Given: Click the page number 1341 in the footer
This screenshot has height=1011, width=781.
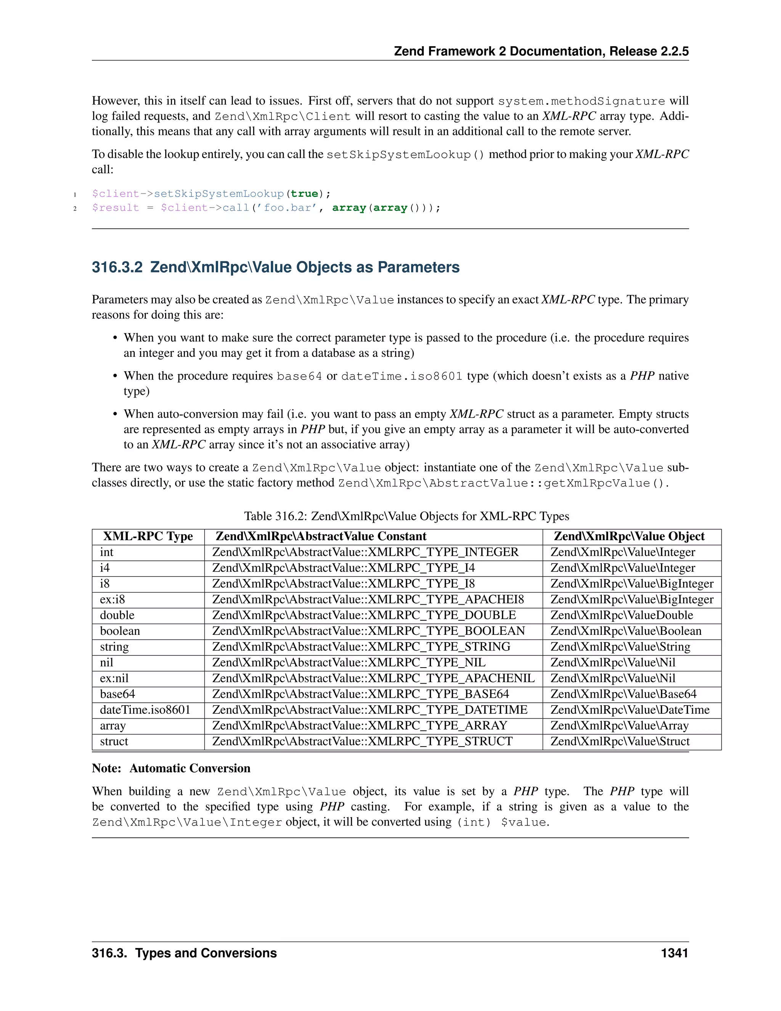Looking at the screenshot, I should [x=674, y=953].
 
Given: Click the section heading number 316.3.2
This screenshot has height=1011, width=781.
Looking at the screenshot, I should [x=117, y=267].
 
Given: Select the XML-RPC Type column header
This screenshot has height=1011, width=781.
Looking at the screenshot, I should [x=148, y=536].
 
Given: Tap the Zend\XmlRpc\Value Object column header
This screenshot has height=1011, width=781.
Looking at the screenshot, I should [x=629, y=536].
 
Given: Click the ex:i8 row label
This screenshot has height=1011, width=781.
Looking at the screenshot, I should [x=112, y=599].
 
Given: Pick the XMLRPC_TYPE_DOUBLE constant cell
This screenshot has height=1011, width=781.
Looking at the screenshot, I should [x=364, y=615].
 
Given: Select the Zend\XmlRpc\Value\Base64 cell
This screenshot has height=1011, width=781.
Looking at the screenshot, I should [x=623, y=694].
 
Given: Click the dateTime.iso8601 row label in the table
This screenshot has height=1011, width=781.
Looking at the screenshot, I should [x=145, y=710].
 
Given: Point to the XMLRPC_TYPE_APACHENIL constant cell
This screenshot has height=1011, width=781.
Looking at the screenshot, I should [x=373, y=678].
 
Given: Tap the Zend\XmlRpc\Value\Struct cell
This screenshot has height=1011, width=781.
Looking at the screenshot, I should [x=620, y=741].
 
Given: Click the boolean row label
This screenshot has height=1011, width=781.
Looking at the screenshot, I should [x=120, y=631].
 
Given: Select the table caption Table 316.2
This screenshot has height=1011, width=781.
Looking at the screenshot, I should [x=406, y=516].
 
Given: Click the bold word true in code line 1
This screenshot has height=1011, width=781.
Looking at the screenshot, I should [x=304, y=194].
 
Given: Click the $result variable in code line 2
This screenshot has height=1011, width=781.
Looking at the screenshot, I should [x=115, y=208].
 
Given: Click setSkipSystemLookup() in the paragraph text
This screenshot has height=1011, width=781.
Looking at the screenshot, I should [x=405, y=155].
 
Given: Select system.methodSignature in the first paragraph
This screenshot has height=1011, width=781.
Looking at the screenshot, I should [x=581, y=101].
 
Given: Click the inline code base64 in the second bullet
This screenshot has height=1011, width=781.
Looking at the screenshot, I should [x=299, y=376].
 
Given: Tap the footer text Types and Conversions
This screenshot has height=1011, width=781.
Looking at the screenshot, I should [x=206, y=953].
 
